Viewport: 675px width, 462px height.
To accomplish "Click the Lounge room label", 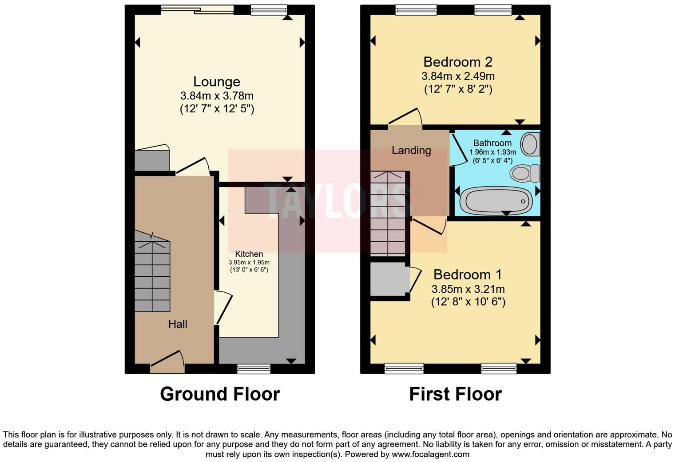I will coord(217,82).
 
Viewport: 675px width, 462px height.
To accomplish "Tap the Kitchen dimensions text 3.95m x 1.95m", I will coord(249,263).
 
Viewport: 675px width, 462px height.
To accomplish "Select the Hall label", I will coord(178,324).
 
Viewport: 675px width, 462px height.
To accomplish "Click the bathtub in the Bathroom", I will coord(496,201).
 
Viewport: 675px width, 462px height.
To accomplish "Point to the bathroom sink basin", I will coord(530,144).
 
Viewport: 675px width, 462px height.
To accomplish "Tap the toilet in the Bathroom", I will coord(524,173).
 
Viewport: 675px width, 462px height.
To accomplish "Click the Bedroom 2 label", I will coord(457,62).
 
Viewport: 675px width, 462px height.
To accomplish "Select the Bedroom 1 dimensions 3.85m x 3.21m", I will coord(468,289).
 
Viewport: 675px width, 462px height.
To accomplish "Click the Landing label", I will coord(411,151).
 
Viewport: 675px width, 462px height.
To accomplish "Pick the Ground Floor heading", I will coord(220,394).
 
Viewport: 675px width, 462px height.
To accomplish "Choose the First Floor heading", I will coord(455,394).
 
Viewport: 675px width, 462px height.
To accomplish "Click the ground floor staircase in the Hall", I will coord(152,272).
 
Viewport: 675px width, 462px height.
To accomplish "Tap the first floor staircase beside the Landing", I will coord(388,213).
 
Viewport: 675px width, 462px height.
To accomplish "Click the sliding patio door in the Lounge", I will coord(197,9).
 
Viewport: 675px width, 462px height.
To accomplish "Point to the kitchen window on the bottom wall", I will coord(254,368).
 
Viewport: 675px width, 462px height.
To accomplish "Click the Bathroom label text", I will coord(492,143).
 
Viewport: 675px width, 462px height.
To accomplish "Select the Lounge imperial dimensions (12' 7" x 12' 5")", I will coord(217,109).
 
